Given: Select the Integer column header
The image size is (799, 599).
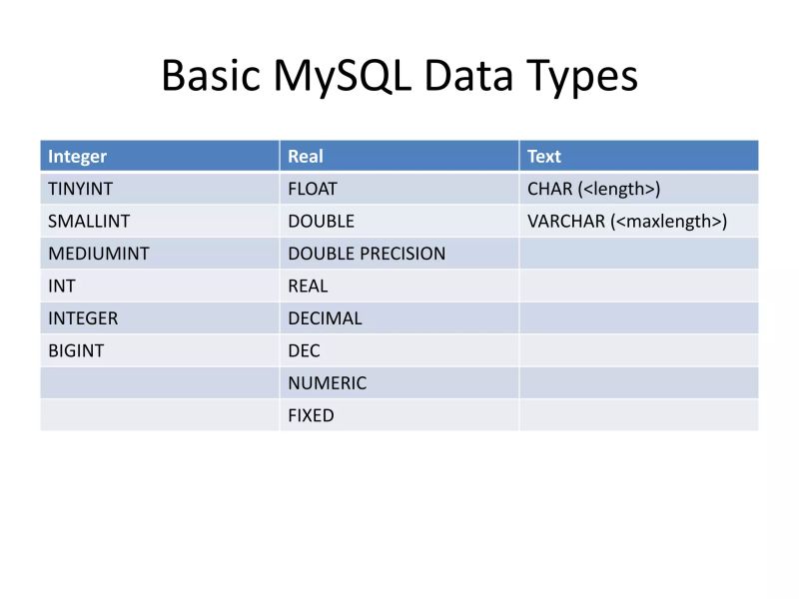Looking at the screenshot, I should tap(78, 157).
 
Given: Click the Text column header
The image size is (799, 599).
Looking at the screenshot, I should tap(544, 157).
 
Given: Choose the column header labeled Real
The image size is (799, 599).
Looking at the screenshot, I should tap(306, 157).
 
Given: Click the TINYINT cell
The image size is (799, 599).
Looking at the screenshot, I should tap(81, 189).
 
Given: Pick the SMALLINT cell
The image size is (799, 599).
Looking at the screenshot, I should tap(89, 221).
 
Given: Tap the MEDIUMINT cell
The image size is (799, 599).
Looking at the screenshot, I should tap(98, 254).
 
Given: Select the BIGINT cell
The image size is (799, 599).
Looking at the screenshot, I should tap(76, 350).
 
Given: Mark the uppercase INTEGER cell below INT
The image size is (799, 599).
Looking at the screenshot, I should tap(83, 318).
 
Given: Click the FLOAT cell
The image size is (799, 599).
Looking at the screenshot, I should tap(313, 189).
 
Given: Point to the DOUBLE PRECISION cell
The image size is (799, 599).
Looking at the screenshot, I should tap(367, 254).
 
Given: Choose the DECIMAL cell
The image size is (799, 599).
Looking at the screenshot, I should tap(325, 318).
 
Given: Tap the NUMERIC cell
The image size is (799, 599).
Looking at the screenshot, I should tap(327, 383).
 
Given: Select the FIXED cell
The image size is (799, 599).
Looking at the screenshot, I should tap(311, 415).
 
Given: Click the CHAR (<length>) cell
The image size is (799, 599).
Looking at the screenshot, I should tap(593, 189).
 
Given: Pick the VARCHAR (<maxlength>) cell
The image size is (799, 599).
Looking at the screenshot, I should tap(626, 221).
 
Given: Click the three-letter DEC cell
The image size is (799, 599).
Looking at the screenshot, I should tap(304, 350).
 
